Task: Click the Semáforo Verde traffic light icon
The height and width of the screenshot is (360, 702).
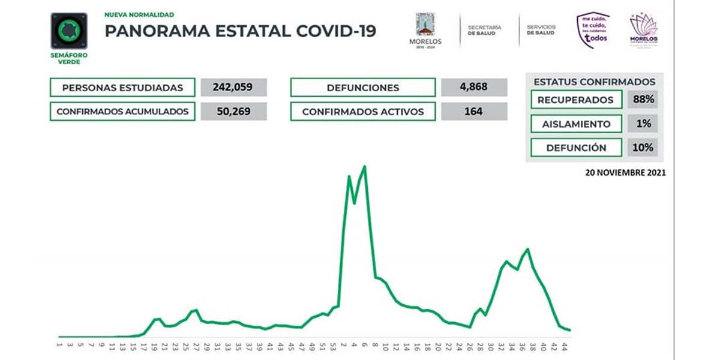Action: coord(69,31)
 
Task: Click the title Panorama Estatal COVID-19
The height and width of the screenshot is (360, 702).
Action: coord(241,31)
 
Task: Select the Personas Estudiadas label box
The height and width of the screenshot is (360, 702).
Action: coord(122,88)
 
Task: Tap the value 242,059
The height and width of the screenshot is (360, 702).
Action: coord(233,88)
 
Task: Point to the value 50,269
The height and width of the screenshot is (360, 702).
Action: coord(233,111)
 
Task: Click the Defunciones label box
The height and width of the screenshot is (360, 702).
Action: coord(362,88)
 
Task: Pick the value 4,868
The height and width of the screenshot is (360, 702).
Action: coord(473,88)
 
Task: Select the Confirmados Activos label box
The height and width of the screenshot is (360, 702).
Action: coord(362,112)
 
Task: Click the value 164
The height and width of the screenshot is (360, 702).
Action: coord(473,111)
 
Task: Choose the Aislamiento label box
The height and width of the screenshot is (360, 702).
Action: coord(576,124)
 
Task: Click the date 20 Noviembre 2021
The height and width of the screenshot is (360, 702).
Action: coord(626,173)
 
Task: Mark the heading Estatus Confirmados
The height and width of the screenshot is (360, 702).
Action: coord(594,82)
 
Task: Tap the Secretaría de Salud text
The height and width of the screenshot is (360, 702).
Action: coord(484,30)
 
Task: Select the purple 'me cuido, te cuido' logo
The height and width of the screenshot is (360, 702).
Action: coord(592,30)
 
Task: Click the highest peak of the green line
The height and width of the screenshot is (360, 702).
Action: coord(365,166)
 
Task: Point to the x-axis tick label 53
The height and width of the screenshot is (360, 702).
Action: coord(334,346)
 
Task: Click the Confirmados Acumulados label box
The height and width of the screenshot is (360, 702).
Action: coord(122,112)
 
